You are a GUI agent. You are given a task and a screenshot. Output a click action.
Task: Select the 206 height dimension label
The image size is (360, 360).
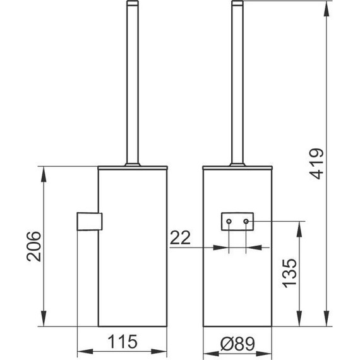[x=34, y=246]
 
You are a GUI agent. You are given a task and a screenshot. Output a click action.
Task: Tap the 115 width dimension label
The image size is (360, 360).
[x=123, y=342]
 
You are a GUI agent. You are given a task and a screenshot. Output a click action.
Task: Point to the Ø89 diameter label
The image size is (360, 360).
[x=237, y=344]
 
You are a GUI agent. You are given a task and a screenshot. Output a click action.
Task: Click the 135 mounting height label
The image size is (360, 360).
[x=289, y=273]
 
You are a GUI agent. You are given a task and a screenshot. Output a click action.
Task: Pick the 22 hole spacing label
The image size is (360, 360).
[x=180, y=237]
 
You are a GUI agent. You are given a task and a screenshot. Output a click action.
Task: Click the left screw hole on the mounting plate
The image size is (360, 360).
[x=229, y=222]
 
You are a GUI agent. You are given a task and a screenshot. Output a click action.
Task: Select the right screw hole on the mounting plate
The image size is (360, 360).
[x=246, y=222]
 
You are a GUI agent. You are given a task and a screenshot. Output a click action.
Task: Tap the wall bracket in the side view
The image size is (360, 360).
[x=89, y=221]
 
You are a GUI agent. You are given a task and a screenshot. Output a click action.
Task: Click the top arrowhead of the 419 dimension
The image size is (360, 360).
[x=327, y=9]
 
